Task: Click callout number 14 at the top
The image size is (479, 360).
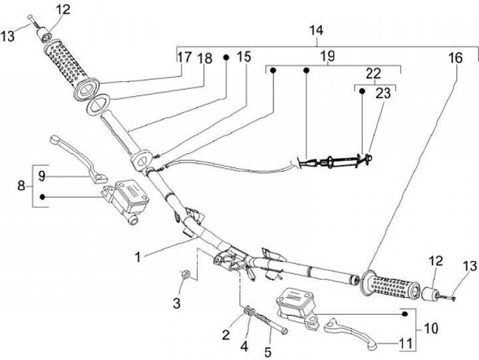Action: tap(317, 31)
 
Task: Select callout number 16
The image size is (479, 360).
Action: tap(455, 58)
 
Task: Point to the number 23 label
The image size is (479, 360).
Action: tap(383, 94)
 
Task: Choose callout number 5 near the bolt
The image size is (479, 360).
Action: tap(269, 351)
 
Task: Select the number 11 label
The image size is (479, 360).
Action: tap(406, 345)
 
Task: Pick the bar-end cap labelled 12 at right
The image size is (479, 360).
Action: tap(427, 294)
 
